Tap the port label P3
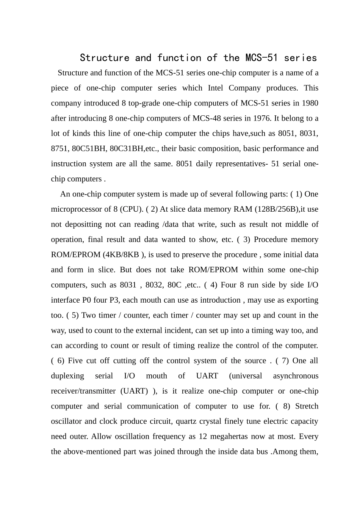(x=114, y=300)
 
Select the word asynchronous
(x=296, y=376)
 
